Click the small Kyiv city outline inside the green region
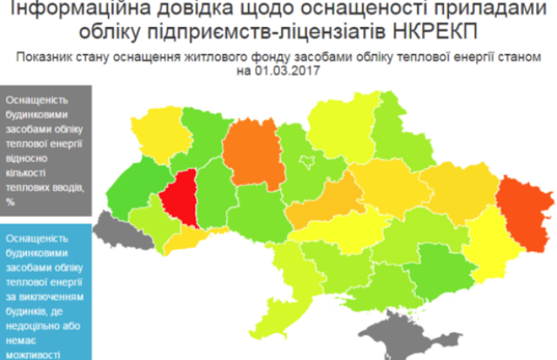tap(306, 161)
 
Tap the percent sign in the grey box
tap(10, 202)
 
